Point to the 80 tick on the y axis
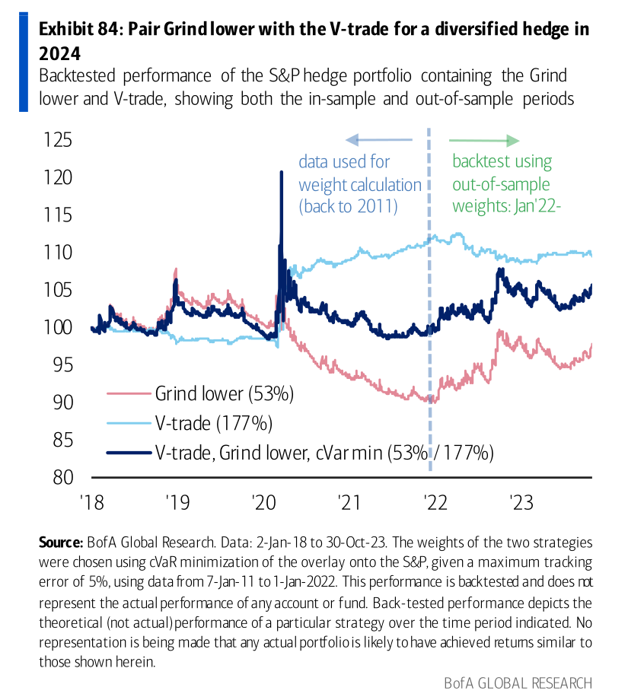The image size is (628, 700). [59, 477]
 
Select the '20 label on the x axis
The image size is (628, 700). [264, 502]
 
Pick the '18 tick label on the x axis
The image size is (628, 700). [92, 502]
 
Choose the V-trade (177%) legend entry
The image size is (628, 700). [213, 423]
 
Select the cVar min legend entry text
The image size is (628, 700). [324, 452]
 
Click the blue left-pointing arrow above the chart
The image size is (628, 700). [378, 140]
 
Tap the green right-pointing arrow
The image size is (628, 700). [484, 140]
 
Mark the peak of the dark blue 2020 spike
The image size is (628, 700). [281, 172]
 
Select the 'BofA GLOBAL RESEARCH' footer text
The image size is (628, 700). [518, 681]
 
